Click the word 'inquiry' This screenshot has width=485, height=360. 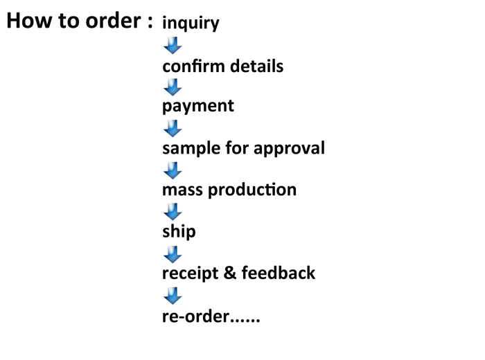[x=191, y=24]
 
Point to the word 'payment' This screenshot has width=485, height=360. [x=198, y=107]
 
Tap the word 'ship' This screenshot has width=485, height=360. [x=179, y=231]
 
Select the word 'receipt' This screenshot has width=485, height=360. [x=190, y=273]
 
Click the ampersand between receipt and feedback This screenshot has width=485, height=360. [x=230, y=273]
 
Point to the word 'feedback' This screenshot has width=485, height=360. [x=279, y=273]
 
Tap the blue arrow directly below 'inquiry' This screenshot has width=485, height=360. [x=172, y=46]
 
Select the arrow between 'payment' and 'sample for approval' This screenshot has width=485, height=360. [x=172, y=129]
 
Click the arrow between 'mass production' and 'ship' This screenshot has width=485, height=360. [x=172, y=211]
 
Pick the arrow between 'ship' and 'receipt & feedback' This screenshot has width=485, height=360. [x=172, y=253]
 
